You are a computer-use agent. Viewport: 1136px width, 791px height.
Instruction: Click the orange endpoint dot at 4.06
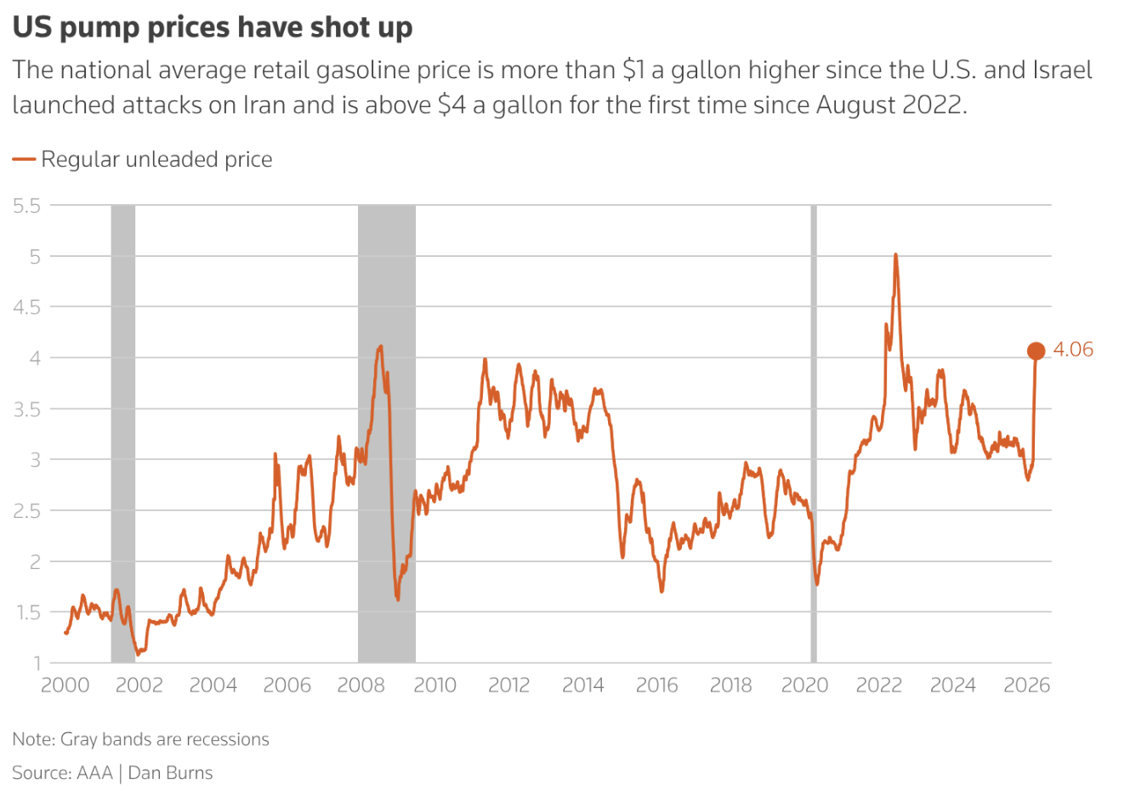tap(1036, 350)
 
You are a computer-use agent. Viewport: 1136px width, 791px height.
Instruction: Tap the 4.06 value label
tap(1073, 350)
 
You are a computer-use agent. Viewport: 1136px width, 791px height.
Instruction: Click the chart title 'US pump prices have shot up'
tap(213, 27)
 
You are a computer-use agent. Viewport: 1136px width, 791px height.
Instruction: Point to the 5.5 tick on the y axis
tap(27, 205)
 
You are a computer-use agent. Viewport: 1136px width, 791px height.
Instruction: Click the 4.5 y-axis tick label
tap(27, 307)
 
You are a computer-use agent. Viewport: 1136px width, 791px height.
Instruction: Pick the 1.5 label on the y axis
tap(27, 612)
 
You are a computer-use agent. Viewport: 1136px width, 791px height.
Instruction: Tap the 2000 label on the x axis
tap(65, 686)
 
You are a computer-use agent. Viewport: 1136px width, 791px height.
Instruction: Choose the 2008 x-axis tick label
tap(361, 686)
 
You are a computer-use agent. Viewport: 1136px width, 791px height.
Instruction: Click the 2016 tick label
tap(656, 686)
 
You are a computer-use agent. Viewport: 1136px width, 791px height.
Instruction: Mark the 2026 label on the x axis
tap(1026, 686)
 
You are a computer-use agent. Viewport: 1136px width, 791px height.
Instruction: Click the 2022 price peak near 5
tap(895, 254)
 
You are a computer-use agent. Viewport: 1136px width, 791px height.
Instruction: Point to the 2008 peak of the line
tap(380, 346)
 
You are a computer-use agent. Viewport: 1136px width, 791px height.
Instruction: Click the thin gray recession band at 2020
tap(814, 434)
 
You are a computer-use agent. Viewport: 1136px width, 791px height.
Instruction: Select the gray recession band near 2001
tap(123, 434)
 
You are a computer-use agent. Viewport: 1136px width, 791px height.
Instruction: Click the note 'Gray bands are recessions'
tap(164, 739)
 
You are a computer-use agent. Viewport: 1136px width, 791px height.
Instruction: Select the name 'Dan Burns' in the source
tap(170, 773)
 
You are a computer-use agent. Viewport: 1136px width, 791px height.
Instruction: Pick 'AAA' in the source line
tap(94, 773)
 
